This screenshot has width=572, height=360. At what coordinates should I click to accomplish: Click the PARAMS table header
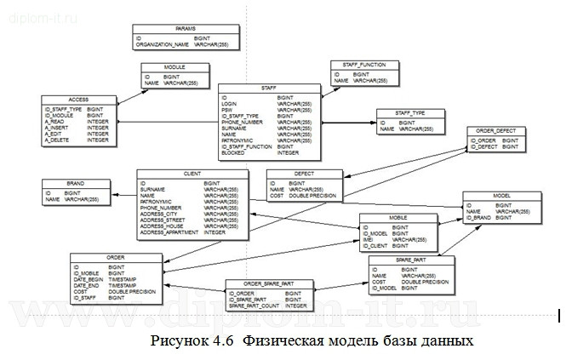coord(186,29)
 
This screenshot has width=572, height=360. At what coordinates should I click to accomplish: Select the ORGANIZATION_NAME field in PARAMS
coord(162,44)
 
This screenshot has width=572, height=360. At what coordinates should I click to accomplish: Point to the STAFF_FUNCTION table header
coord(364,64)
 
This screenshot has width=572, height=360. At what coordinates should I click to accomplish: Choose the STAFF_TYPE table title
coord(410,112)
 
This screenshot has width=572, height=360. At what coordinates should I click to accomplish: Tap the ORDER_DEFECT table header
coord(498,131)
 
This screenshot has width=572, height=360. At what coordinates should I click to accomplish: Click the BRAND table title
coord(75,182)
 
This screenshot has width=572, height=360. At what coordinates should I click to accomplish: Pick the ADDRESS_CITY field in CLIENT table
coord(159,214)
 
